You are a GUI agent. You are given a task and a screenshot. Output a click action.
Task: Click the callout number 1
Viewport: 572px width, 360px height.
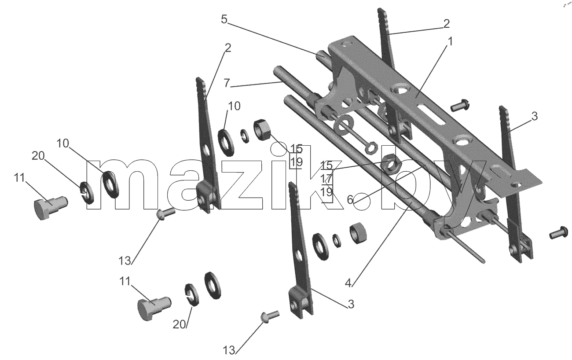coord(450,41)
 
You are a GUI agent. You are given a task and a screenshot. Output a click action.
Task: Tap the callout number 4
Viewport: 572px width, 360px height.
coord(349,283)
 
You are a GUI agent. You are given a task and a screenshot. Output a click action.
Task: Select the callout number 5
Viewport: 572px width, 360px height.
coord(224,19)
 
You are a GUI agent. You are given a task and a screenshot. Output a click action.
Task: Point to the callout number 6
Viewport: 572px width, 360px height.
coord(350,199)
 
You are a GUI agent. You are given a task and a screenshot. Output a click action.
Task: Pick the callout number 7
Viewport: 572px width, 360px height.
coord(227,83)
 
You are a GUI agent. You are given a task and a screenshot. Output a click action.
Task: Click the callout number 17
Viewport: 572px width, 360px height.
coord(326,178)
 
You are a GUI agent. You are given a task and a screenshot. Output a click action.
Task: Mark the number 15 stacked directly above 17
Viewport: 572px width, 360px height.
coord(326,165)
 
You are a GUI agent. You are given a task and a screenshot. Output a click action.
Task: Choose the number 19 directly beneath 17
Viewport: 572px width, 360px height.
coord(326,192)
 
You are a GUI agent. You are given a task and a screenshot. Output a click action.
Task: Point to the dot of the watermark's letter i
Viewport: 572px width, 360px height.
coord(279,150)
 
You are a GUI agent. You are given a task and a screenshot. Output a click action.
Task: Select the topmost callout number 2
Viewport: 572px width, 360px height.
coord(446,24)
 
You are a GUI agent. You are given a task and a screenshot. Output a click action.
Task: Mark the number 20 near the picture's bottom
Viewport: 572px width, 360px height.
coord(179,324)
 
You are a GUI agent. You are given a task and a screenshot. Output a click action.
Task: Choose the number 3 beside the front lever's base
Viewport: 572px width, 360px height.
coord(351,304)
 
